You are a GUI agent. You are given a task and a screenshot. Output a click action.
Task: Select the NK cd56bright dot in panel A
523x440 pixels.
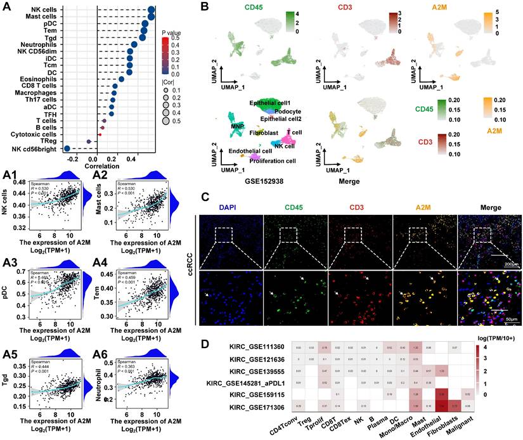tap(68, 148)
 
